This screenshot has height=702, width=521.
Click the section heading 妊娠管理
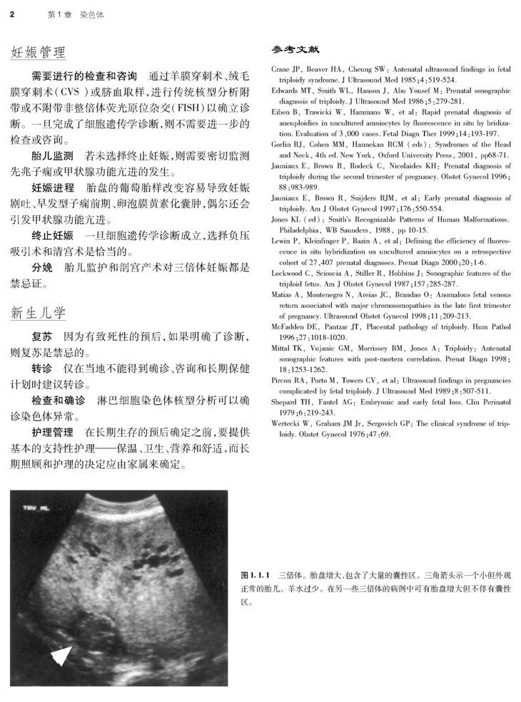click(38, 52)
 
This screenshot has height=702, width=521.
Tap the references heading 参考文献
click(295, 50)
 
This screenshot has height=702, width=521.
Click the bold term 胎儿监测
click(51, 155)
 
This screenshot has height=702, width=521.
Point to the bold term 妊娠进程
click(51, 187)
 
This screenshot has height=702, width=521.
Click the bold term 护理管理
click(51, 433)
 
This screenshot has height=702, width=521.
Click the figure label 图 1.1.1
click(254, 574)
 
